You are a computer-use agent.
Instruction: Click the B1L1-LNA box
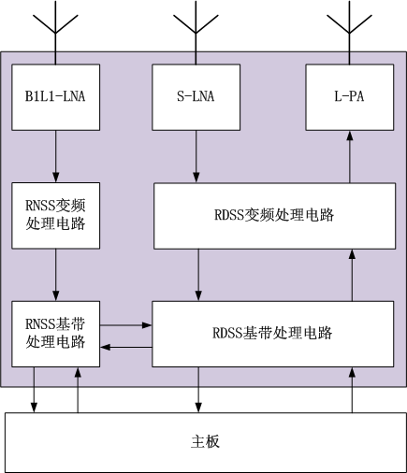(x=56, y=97)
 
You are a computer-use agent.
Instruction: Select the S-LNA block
(x=196, y=97)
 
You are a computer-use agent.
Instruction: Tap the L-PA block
(x=350, y=97)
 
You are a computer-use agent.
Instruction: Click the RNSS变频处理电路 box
(x=56, y=216)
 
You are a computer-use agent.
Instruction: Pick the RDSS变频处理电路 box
(x=274, y=216)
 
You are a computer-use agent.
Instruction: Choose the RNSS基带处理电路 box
(x=56, y=334)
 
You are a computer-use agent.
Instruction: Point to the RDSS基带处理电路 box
(x=272, y=334)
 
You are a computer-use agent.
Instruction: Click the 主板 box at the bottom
(x=206, y=442)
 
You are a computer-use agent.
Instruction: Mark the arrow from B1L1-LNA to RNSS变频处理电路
(x=56, y=156)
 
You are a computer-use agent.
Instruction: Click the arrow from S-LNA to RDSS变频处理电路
(x=196, y=156)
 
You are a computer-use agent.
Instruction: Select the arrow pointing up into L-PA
(x=350, y=157)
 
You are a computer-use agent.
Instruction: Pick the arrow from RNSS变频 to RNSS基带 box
(x=56, y=275)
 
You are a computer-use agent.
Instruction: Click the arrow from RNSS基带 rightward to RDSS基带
(x=126, y=325)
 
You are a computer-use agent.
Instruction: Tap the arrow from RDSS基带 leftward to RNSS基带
(x=126, y=347)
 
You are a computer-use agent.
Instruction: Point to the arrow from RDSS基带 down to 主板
(x=198, y=390)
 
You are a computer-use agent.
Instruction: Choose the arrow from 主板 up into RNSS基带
(x=78, y=390)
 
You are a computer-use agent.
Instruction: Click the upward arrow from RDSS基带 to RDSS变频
(x=352, y=275)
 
